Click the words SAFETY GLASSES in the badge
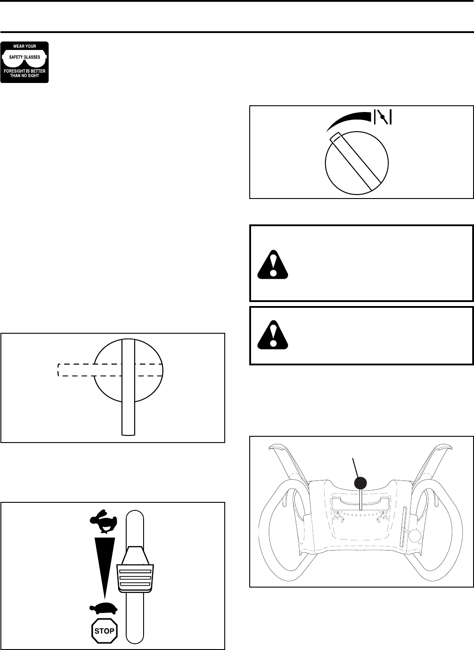[x=25, y=57]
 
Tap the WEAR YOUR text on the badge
[x=25, y=46]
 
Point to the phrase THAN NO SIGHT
[x=25, y=76]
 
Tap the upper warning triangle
[x=273, y=264]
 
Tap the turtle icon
[x=103, y=608]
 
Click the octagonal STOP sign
[x=104, y=631]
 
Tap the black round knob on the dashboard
[x=361, y=483]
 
